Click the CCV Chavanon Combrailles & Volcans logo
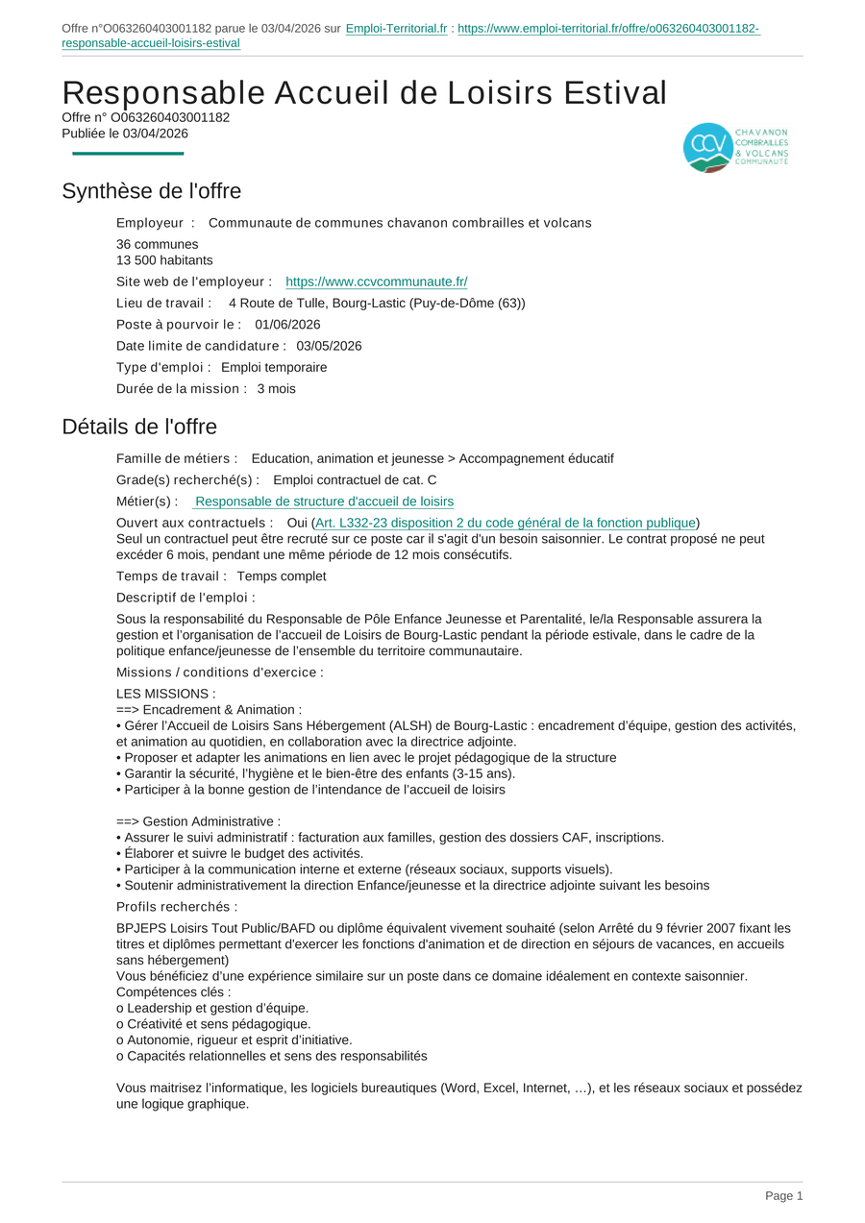pyautogui.click(x=735, y=147)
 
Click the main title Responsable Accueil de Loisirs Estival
pyautogui.click(x=364, y=93)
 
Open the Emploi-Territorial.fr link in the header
pyautogui.click(x=396, y=29)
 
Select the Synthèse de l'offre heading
pyautogui.click(x=151, y=191)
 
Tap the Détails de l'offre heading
pyautogui.click(x=139, y=427)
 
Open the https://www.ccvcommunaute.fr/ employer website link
pyautogui.click(x=377, y=281)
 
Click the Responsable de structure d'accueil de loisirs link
pyautogui.click(x=324, y=501)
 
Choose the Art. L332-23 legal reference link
pyautogui.click(x=506, y=523)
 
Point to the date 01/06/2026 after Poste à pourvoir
pyautogui.click(x=287, y=325)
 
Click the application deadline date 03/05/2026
pyautogui.click(x=329, y=346)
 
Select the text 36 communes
pyautogui.click(x=158, y=244)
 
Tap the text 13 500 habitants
pyautogui.click(x=164, y=260)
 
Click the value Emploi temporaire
pyautogui.click(x=274, y=367)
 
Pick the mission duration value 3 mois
pyautogui.click(x=277, y=389)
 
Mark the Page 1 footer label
pyautogui.click(x=783, y=1196)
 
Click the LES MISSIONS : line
pyautogui.click(x=166, y=694)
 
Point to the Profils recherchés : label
pyautogui.click(x=177, y=907)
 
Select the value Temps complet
pyautogui.click(x=282, y=576)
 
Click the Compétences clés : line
pyautogui.click(x=174, y=992)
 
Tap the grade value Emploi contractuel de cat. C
pyautogui.click(x=355, y=480)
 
